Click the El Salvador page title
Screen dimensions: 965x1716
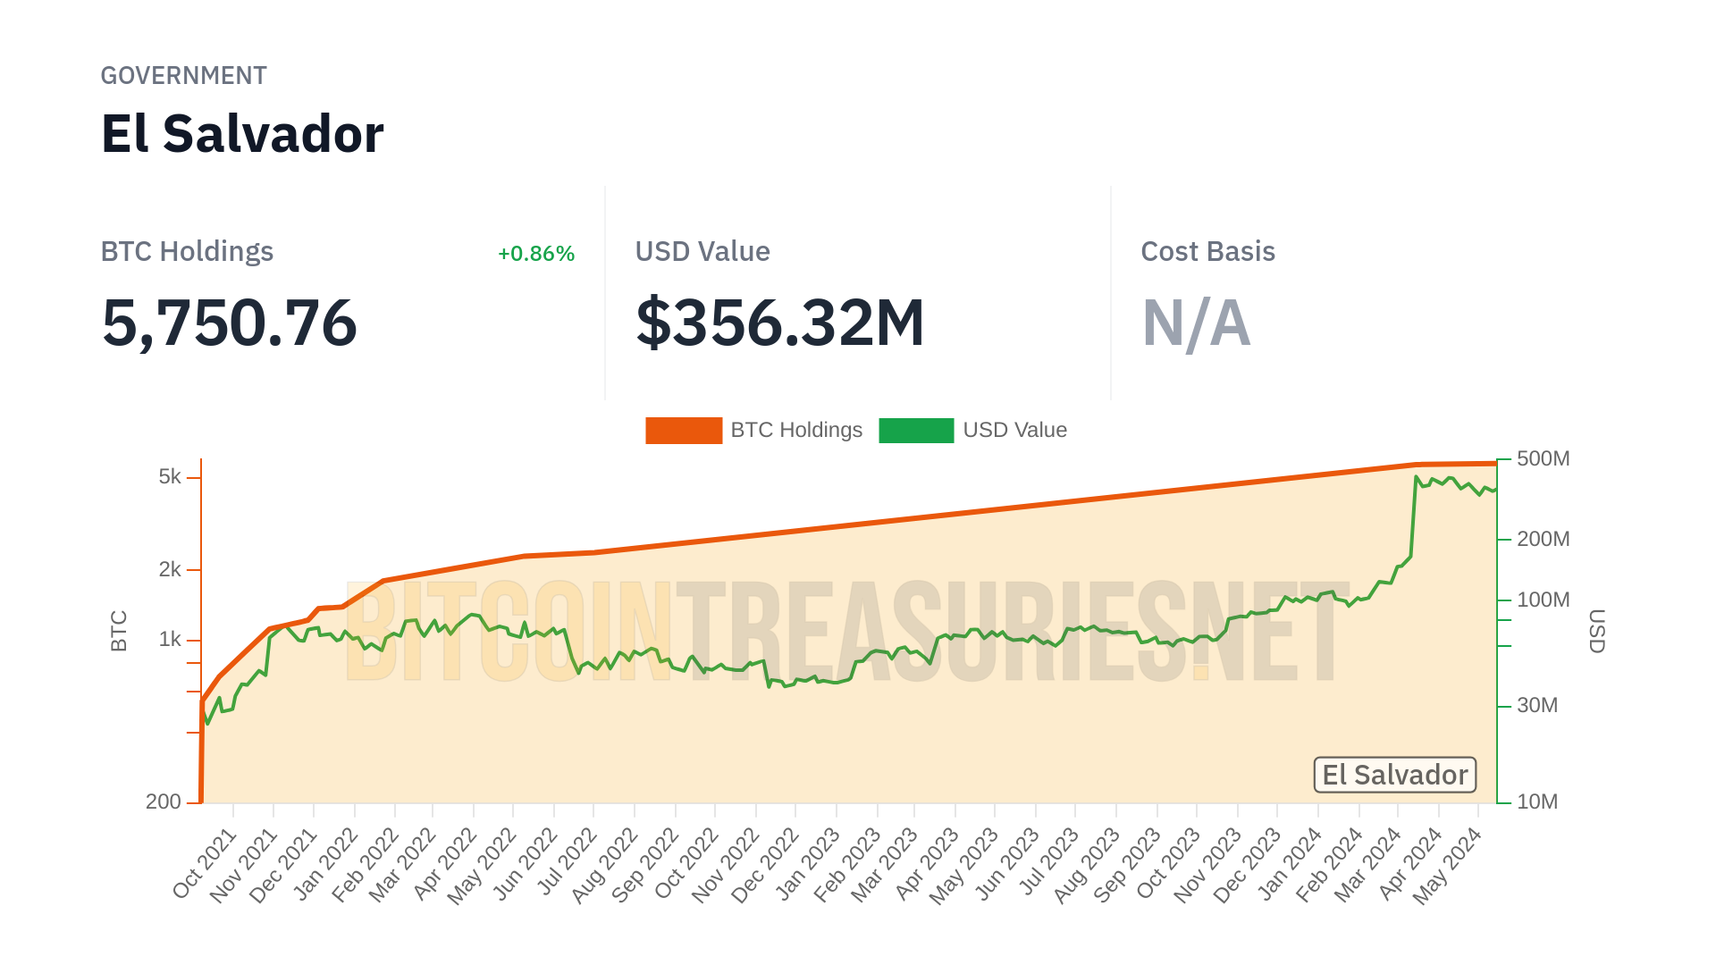click(x=242, y=134)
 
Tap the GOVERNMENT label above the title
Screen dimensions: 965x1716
click(x=183, y=76)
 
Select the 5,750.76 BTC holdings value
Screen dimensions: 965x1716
click(x=230, y=323)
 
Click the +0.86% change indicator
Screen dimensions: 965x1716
click(x=535, y=254)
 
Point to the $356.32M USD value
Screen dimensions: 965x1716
click(x=779, y=323)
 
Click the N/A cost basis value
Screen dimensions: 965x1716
click(x=1196, y=323)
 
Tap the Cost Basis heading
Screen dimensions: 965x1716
click(x=1207, y=252)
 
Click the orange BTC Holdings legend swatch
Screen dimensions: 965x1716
click(x=684, y=431)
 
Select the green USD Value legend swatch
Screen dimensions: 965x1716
click(x=916, y=431)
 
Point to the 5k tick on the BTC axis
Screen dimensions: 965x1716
click(x=170, y=477)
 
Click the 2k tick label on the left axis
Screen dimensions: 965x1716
click(x=170, y=570)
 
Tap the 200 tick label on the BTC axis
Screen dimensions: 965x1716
click(x=164, y=802)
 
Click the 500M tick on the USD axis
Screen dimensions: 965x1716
click(x=1543, y=459)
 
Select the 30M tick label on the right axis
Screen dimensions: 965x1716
click(x=1537, y=706)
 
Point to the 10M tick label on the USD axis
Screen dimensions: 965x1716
click(x=1537, y=802)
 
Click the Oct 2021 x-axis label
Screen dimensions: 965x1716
click(x=205, y=863)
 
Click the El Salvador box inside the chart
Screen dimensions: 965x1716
click(x=1394, y=775)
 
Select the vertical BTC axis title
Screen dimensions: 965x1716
click(x=119, y=631)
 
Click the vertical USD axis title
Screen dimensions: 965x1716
click(x=1596, y=631)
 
